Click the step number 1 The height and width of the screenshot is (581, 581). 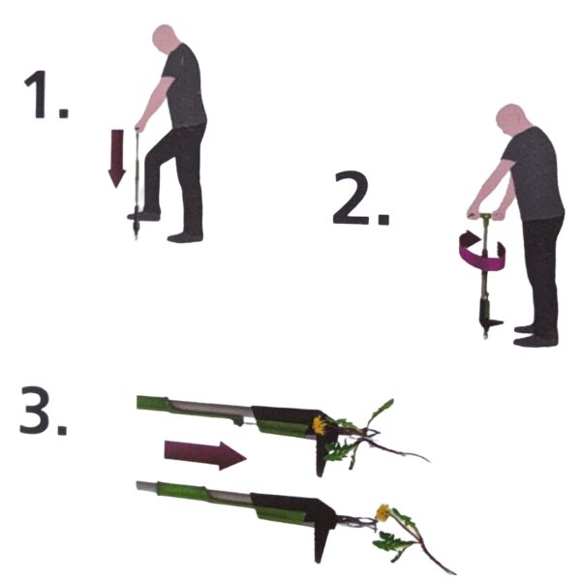46,95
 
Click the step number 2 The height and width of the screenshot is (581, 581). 361,199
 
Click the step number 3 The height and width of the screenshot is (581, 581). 43,411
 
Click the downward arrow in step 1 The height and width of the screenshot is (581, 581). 117,158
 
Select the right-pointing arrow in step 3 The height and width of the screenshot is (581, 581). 205,455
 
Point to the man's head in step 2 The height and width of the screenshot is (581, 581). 510,119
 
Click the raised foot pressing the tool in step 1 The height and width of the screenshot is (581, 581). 143,215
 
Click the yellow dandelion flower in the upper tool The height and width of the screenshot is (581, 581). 319,425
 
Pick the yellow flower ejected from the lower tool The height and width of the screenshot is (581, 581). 382,513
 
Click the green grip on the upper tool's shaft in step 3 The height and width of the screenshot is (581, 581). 153,403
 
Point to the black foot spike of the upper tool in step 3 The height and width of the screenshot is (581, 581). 321,458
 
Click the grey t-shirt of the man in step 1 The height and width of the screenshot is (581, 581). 184,87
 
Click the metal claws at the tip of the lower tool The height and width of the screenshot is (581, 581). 356,522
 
